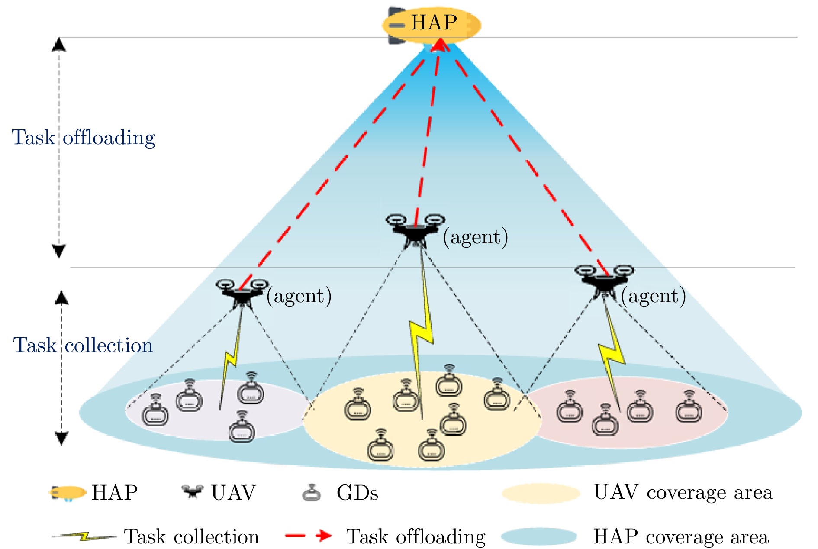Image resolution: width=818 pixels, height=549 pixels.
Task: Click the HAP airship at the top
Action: point(431,24)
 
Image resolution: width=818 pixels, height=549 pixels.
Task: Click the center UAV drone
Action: point(415,230)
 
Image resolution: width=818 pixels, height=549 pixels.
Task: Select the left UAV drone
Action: point(242,293)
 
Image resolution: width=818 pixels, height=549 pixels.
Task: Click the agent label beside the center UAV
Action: point(475,237)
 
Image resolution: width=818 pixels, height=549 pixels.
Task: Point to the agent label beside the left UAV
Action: point(299,296)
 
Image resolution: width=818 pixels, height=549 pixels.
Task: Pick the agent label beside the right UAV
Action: point(653,296)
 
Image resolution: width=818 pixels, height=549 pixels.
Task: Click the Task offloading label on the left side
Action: point(83,138)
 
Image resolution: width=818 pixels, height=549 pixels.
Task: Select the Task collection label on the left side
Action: point(83,346)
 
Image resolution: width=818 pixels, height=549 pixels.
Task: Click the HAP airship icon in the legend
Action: point(68,493)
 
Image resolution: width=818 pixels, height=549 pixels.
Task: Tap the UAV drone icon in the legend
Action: point(193,492)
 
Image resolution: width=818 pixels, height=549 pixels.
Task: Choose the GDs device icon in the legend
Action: point(312,493)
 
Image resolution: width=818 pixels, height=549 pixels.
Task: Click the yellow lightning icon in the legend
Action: point(84,537)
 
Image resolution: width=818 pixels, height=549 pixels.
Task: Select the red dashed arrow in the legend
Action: point(308,536)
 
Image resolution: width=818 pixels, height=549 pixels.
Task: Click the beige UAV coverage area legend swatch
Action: point(541,493)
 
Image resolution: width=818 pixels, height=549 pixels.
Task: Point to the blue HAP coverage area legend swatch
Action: point(539,536)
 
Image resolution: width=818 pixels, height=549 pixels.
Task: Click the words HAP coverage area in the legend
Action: point(680,537)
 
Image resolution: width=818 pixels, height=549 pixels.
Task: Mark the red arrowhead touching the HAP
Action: point(440,45)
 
